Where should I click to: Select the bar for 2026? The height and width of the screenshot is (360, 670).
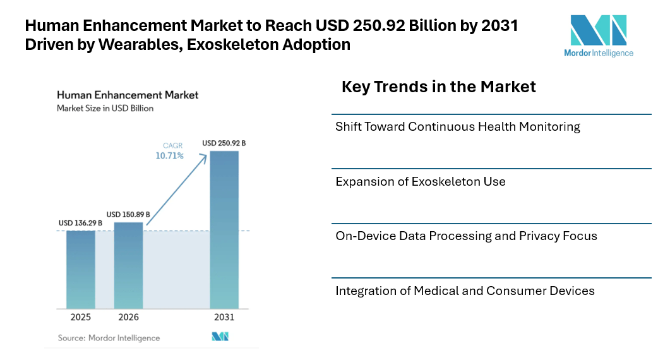[x=128, y=265]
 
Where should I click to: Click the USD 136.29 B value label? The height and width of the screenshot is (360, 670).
[x=81, y=224]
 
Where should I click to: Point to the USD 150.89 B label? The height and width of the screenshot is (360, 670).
[x=128, y=215]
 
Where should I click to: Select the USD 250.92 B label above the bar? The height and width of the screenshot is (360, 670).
[x=224, y=143]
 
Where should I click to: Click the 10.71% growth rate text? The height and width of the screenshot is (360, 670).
[x=170, y=156]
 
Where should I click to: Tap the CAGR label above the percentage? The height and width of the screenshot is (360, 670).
[x=172, y=146]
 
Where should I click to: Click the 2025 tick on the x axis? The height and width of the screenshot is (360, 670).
[x=81, y=317]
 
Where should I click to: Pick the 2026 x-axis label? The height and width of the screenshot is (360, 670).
[x=128, y=317]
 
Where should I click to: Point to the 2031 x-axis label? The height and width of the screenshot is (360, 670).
[x=224, y=317]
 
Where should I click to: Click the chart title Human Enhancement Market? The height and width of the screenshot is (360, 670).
[x=128, y=95]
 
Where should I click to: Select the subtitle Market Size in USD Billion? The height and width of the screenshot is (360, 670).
[x=105, y=108]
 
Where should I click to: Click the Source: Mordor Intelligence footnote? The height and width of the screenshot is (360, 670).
[x=109, y=338]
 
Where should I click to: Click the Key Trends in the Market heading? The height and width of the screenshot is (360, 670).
[x=438, y=87]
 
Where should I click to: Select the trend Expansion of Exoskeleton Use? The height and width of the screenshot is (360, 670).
[x=421, y=182]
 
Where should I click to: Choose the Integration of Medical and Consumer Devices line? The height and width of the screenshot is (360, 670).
[x=465, y=291]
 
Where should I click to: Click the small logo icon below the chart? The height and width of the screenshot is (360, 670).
[x=220, y=337]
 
